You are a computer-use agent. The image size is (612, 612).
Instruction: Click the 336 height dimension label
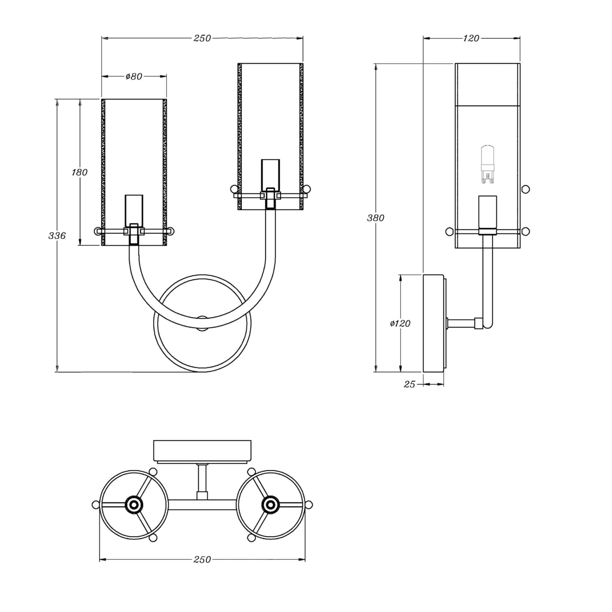coord(57,236)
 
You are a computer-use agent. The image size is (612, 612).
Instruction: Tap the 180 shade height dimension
coord(79,172)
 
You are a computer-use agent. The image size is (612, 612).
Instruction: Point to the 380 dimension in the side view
coord(376,218)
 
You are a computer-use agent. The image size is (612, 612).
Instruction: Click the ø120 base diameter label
coord(400,323)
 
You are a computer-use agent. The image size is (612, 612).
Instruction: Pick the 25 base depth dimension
coord(409,384)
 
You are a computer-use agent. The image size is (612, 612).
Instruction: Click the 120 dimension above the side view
coord(471,38)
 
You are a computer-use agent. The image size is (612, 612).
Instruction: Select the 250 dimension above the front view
coord(202,38)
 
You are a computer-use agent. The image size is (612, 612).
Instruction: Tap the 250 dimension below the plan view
coord(202,560)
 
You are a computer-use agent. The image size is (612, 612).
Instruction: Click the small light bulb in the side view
coord(487,164)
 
